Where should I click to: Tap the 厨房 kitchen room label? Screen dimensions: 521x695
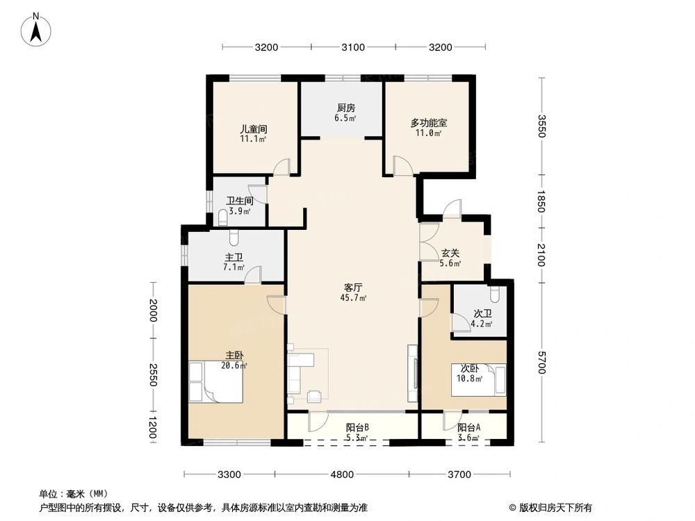[345, 108]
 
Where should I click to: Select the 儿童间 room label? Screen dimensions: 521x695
[254, 129]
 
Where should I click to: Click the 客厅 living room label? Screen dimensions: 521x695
[354, 286]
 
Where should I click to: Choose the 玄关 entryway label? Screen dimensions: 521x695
[450, 253]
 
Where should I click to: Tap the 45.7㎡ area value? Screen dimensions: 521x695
[353, 298]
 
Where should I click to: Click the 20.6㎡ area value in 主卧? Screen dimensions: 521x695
[233, 365]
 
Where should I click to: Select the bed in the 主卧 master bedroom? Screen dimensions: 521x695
[215, 382]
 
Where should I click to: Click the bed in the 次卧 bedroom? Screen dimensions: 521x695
[479, 380]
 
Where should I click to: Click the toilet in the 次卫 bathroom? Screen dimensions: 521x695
[495, 293]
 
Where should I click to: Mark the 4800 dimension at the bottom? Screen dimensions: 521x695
[342, 475]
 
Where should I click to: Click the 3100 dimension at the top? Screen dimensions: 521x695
[353, 47]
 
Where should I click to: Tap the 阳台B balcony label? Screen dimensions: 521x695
[356, 427]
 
